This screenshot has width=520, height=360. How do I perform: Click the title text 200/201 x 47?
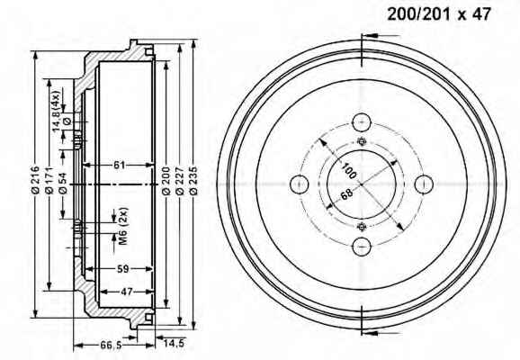[439, 14]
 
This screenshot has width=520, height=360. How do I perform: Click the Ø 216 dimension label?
[35, 180]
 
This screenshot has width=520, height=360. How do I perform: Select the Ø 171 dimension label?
[49, 180]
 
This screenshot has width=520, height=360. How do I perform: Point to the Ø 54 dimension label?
[63, 184]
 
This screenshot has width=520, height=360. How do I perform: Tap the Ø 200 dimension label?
[166, 181]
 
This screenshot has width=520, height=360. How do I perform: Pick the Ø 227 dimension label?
[179, 181]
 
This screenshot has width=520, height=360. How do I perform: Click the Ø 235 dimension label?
[193, 181]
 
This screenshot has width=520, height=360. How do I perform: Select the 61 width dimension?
[120, 165]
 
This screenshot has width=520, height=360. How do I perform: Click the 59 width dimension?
[123, 268]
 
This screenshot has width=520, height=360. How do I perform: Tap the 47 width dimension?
[126, 292]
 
